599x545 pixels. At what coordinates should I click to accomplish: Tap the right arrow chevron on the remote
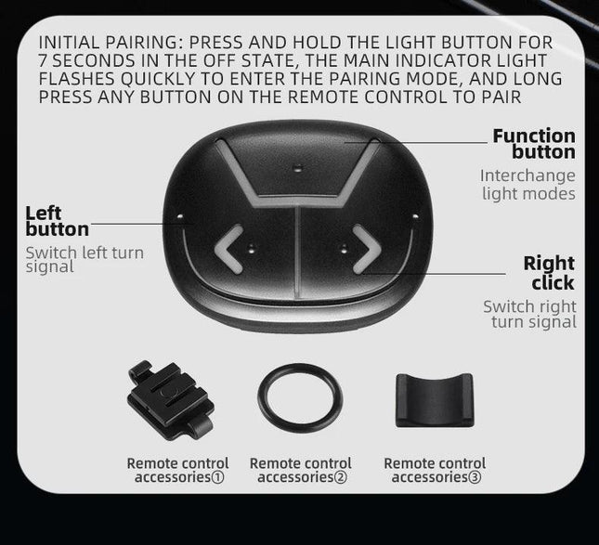(x=374, y=249)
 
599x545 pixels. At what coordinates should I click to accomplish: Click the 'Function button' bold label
(x=534, y=144)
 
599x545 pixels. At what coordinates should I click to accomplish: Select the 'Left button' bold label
(x=57, y=221)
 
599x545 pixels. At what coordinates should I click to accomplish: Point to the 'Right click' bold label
(x=550, y=273)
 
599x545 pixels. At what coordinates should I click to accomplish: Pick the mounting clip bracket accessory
(x=170, y=400)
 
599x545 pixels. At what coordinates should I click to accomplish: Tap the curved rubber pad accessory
(x=435, y=400)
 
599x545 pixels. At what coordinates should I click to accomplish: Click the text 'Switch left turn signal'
(x=85, y=260)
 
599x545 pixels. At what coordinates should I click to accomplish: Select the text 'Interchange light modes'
(x=527, y=185)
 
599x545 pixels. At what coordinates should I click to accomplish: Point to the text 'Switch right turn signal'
(x=530, y=315)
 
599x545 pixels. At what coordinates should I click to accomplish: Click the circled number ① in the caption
(x=217, y=477)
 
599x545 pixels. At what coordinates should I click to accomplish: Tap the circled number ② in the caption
(x=341, y=477)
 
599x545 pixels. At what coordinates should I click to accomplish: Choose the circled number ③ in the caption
(x=475, y=477)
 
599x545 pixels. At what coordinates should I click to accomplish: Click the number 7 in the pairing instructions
(x=44, y=61)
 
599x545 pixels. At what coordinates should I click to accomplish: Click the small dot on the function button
(x=299, y=167)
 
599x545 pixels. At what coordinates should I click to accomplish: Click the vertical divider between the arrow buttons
(x=297, y=253)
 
